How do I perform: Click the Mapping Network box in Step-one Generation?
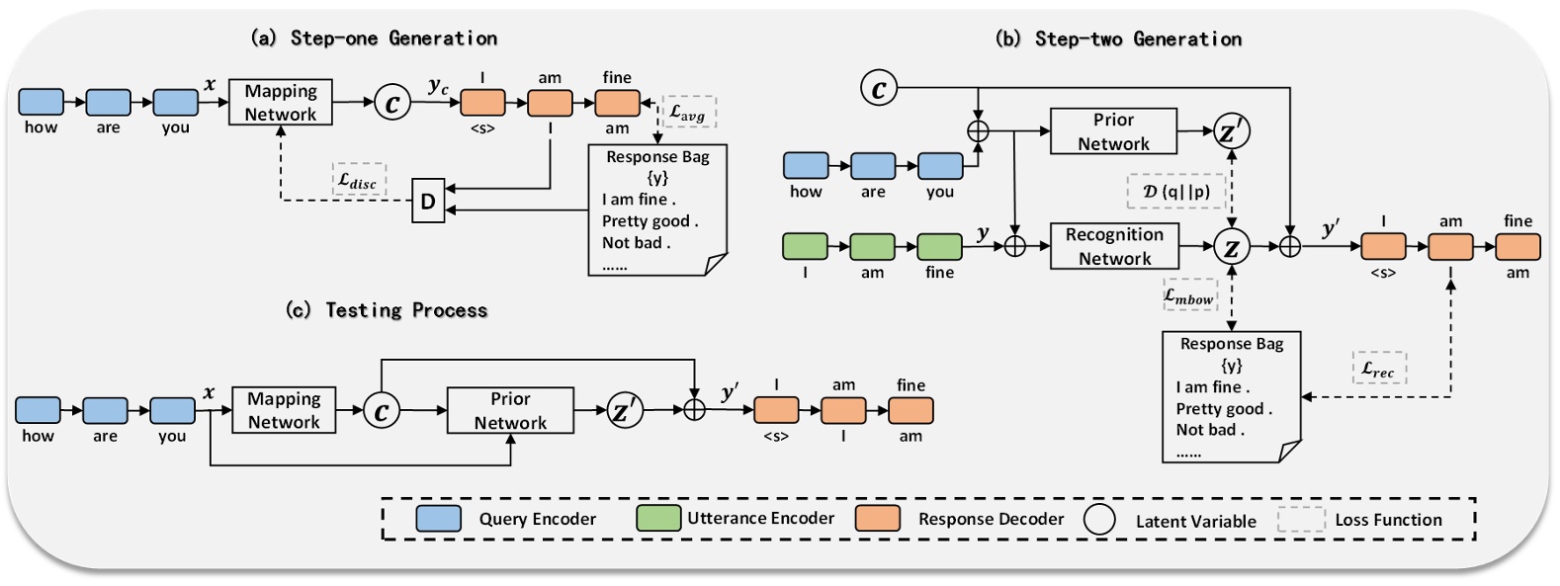point(281,102)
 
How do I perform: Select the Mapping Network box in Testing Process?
point(284,410)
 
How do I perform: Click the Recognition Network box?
point(1114,246)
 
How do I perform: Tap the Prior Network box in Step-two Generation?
point(1113,131)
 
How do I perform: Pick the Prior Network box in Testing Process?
point(510,410)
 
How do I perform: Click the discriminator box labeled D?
point(428,202)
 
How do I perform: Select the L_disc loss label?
point(358,180)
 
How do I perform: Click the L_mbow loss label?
point(1188,295)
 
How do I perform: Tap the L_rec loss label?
point(1378,368)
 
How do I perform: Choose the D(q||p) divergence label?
point(1175,191)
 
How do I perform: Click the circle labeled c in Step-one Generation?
point(392,103)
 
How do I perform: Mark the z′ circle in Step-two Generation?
point(1231,131)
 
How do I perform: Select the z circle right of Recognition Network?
point(1232,247)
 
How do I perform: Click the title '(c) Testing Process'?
point(387,310)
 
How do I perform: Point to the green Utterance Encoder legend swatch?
point(658,519)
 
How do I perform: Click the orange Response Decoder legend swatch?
point(878,519)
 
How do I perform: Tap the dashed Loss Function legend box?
point(1300,520)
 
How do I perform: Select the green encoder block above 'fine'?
point(939,246)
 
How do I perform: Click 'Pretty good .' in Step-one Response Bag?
point(650,221)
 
